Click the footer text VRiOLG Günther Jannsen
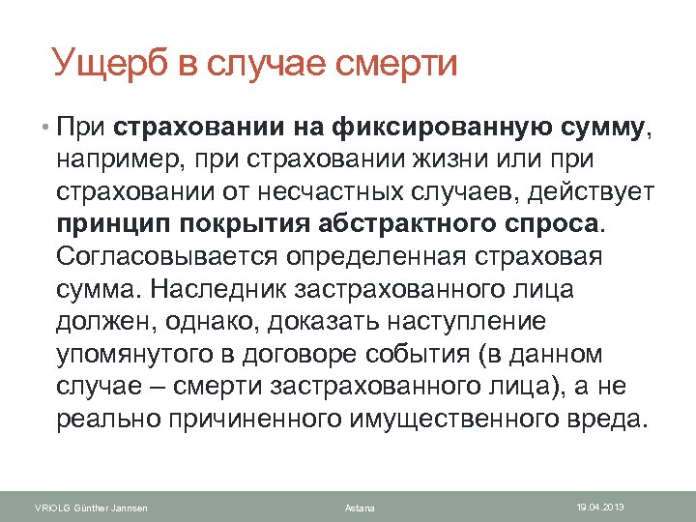91,508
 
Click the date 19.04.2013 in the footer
600,506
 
